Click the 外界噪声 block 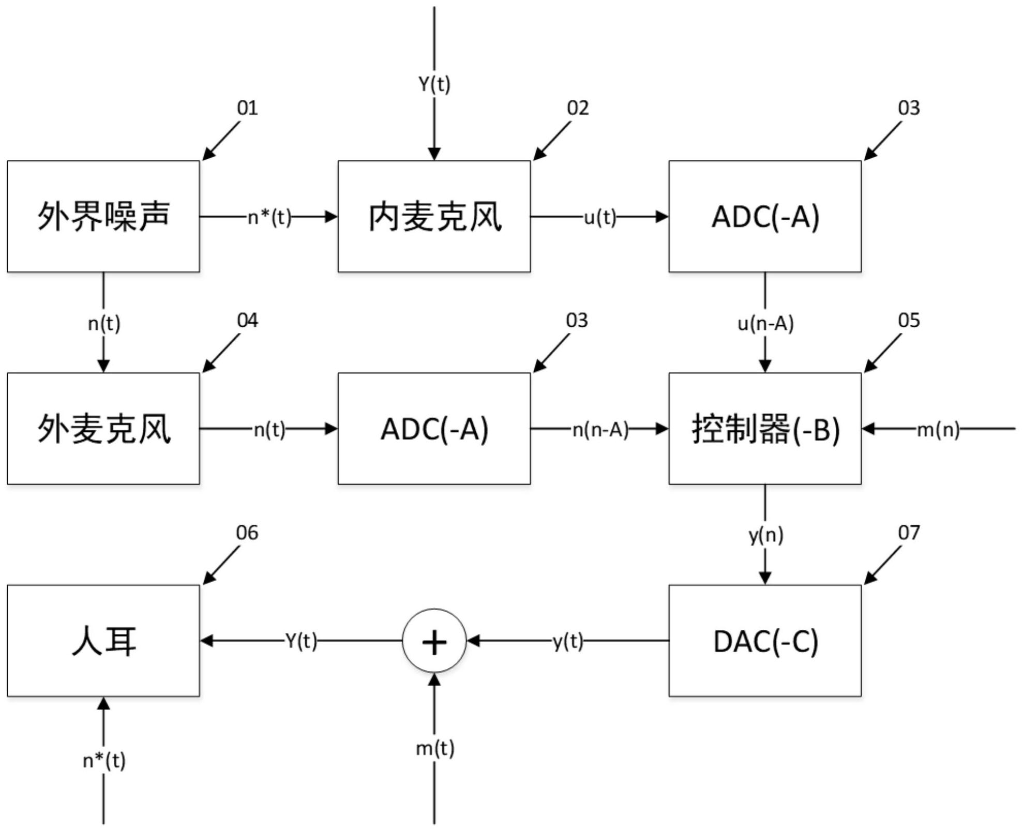(x=103, y=216)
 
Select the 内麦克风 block (x=434, y=216)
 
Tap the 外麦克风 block (x=103, y=429)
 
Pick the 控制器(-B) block (x=765, y=429)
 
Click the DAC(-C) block (x=765, y=641)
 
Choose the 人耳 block (x=103, y=641)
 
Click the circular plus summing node (x=434, y=641)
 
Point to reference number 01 (x=247, y=108)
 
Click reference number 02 (x=578, y=108)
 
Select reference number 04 (x=247, y=321)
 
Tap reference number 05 (x=909, y=321)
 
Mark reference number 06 (x=247, y=533)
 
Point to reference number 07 (x=909, y=533)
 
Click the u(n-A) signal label (x=765, y=324)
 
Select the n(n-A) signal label (x=600, y=430)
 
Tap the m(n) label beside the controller (x=938, y=430)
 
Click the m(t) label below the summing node (x=434, y=748)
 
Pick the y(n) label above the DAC (x=765, y=535)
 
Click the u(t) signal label (x=600, y=218)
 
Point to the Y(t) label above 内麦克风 (x=434, y=84)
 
